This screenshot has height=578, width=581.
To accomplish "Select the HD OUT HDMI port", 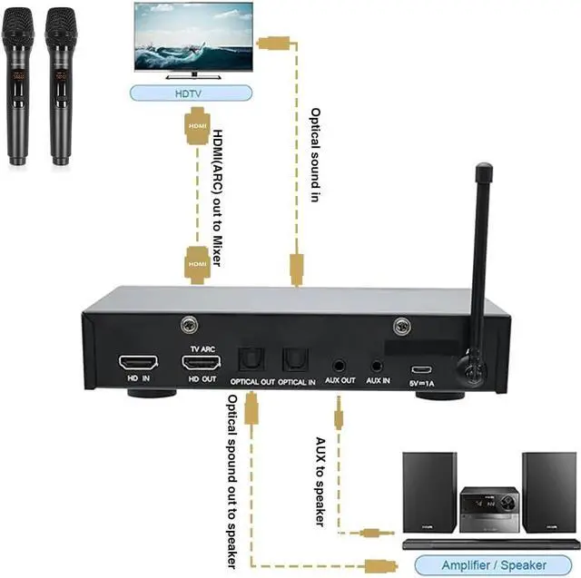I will [x=201, y=365].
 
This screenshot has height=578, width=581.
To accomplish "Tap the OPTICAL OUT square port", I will [x=249, y=363].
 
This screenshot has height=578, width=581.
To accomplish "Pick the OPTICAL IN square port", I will [x=295, y=363].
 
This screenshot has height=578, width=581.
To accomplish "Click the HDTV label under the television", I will [x=189, y=93].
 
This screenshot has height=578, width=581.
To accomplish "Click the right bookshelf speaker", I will [x=548, y=492].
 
